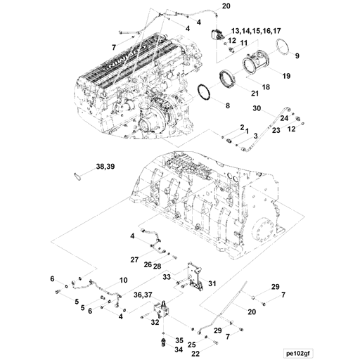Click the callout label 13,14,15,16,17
[251, 32]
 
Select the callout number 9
[297, 55]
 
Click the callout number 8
[227, 105]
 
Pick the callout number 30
[257, 108]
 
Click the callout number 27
[134, 259]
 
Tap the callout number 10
[123, 281]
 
